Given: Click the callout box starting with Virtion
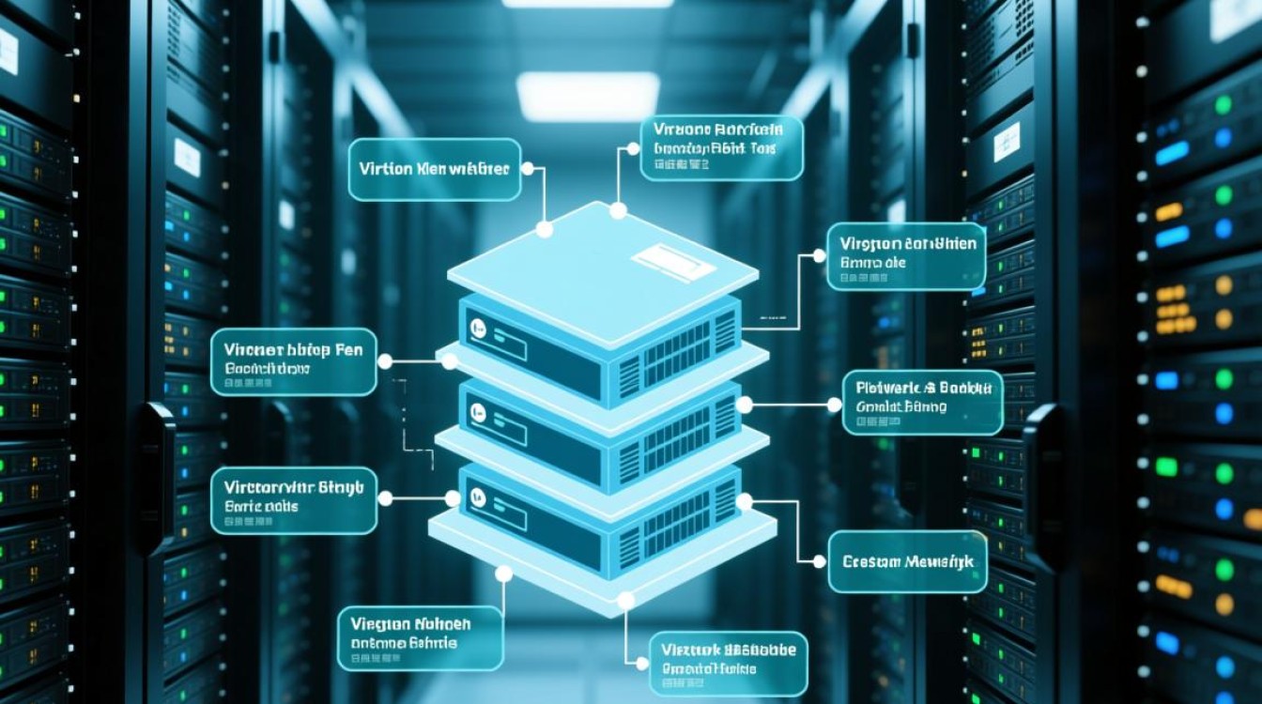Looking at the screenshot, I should (x=434, y=170).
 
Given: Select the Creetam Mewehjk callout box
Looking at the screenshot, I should (x=907, y=561).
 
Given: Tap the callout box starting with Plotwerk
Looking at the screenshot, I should (x=922, y=402).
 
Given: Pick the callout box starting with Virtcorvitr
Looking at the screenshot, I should (x=293, y=500).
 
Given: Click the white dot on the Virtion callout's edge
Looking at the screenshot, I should (x=527, y=169).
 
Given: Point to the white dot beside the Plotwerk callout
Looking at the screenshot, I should (x=834, y=405).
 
